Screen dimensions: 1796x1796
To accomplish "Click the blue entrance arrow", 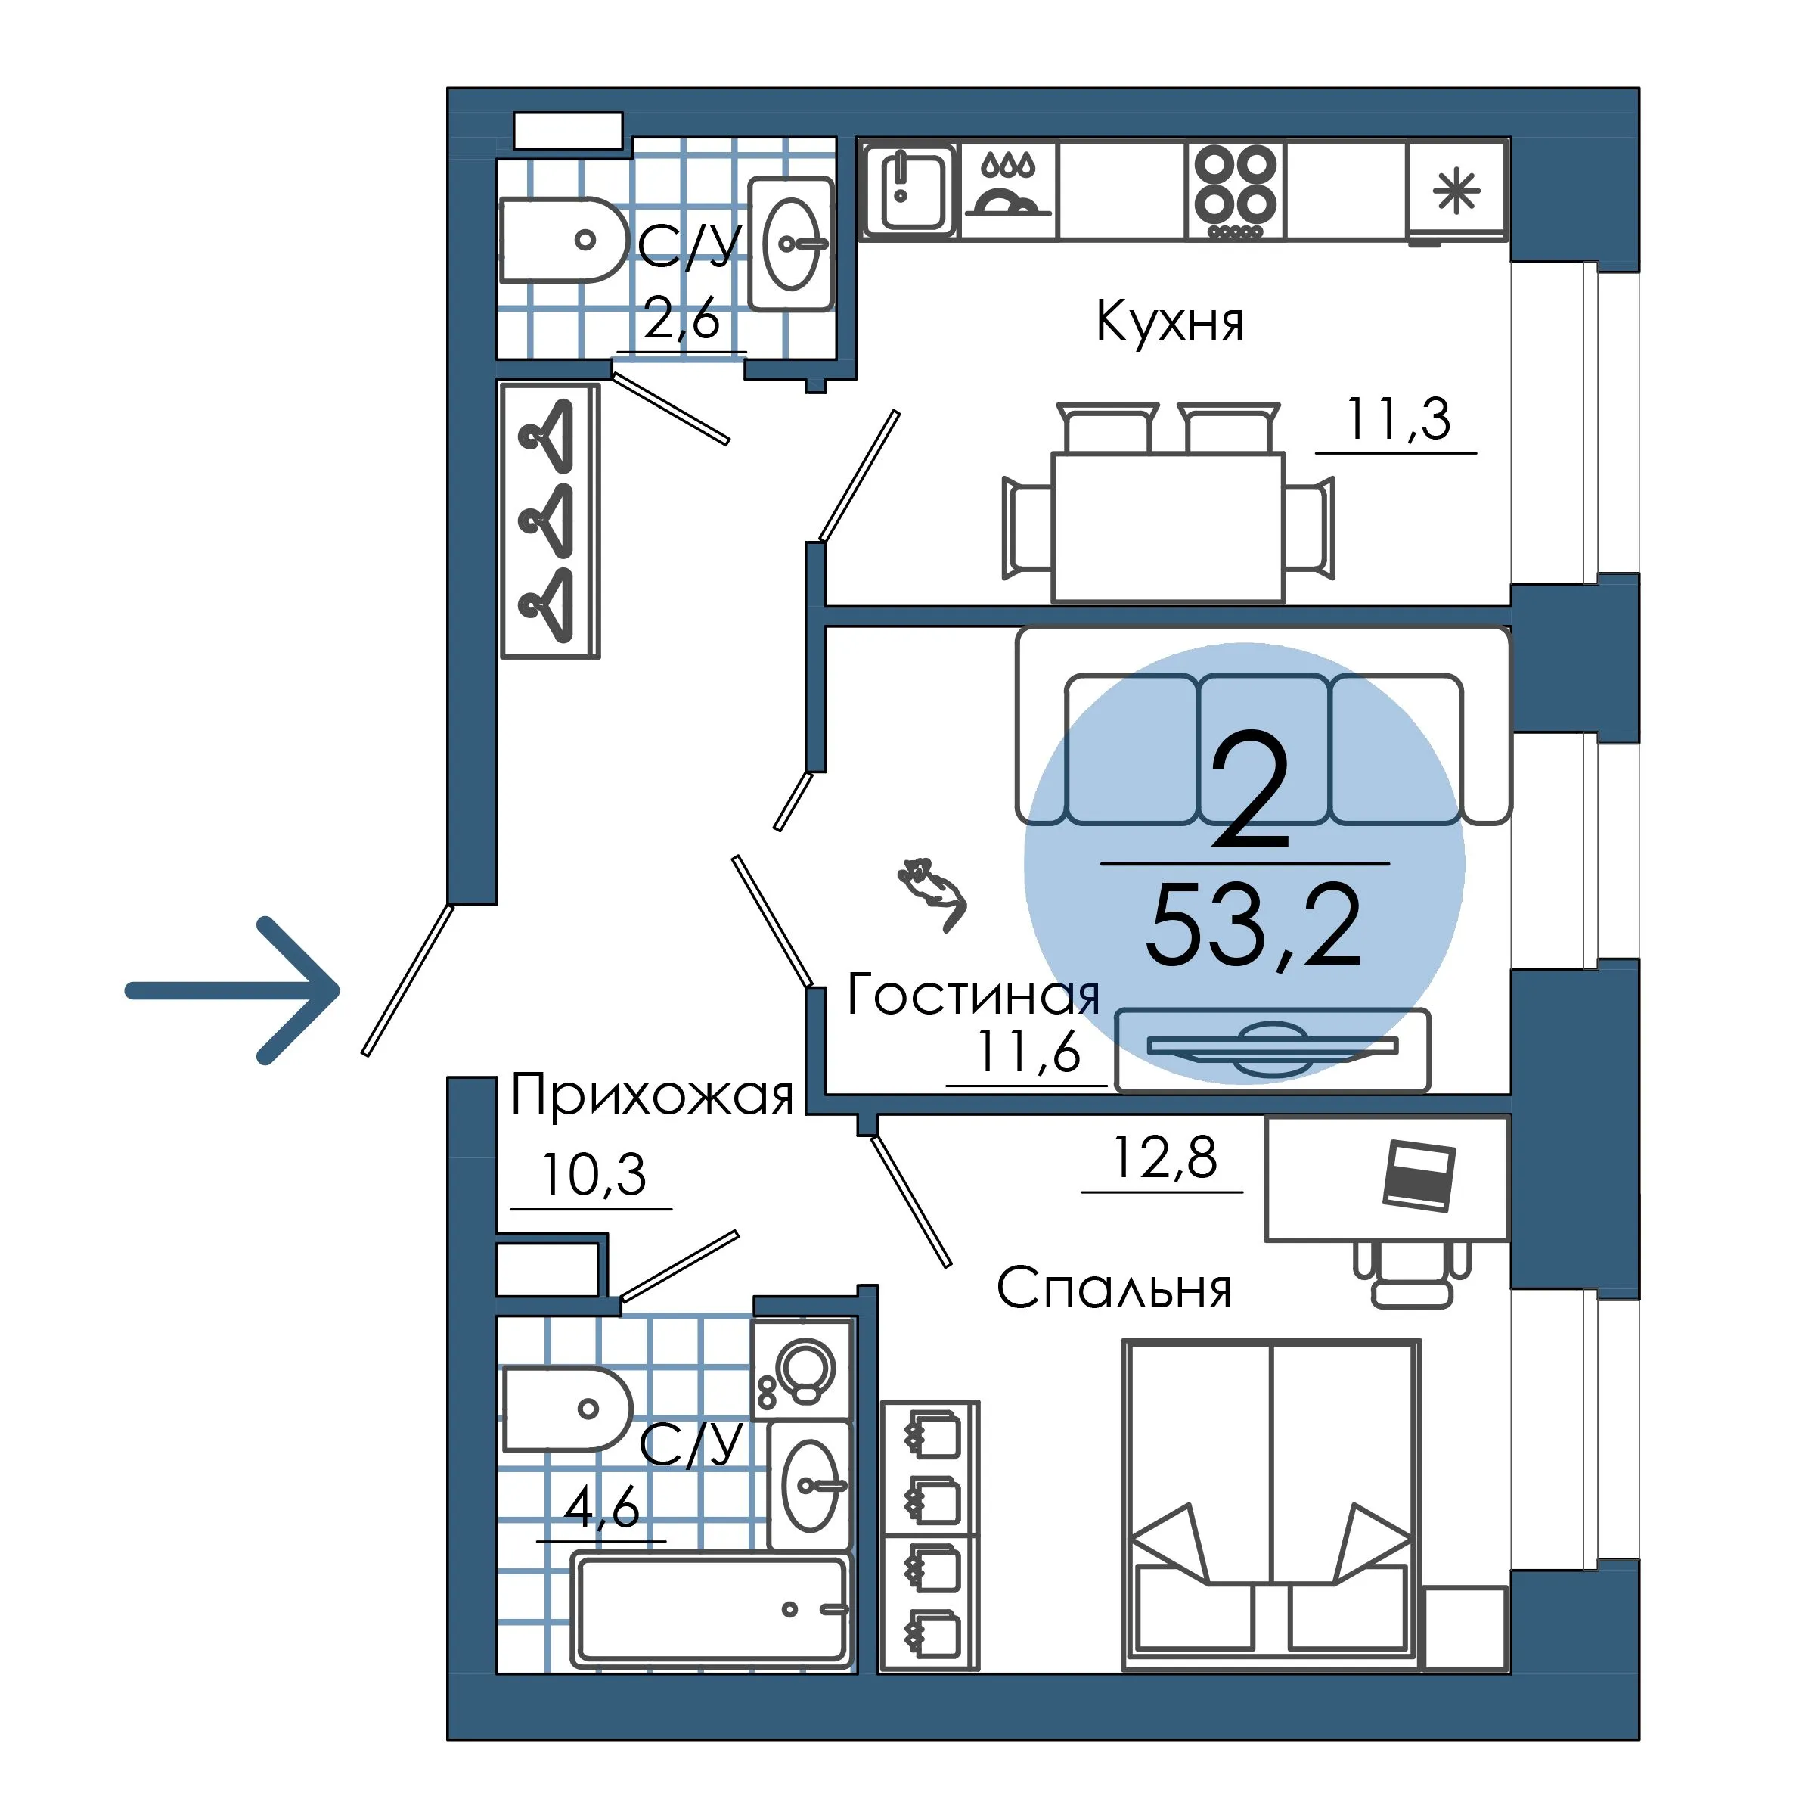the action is (232, 990).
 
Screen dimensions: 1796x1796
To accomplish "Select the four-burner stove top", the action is (1236, 191).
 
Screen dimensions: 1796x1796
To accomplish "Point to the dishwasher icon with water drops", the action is (1008, 189).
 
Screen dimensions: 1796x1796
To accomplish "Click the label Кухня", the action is (1169, 322).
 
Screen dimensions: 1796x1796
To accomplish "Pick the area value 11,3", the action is (1397, 421).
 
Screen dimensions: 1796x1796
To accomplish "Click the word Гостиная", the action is (973, 994).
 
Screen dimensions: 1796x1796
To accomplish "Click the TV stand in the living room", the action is (1272, 1049).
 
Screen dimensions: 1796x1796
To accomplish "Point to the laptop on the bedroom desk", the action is (1419, 1176).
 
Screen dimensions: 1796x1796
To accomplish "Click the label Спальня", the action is (1114, 1289).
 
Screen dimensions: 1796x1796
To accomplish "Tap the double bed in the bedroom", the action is (1270, 1504).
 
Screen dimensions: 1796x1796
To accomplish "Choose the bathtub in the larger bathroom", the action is (711, 1610).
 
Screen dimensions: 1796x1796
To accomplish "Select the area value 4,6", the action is (601, 1508).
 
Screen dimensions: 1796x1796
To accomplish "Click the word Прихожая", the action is (652, 1095).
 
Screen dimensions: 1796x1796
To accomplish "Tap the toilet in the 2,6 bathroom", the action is (564, 240).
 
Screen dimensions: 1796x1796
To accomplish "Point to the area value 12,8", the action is (1165, 1158).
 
